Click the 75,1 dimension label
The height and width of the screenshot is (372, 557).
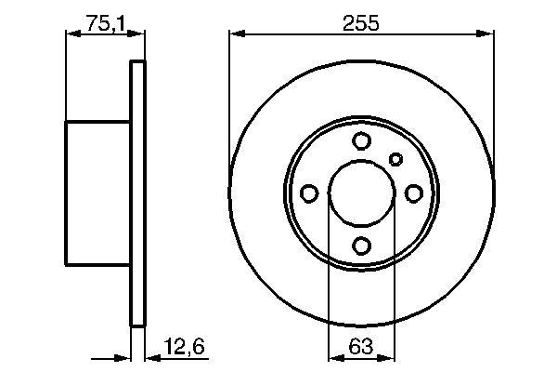click(104, 24)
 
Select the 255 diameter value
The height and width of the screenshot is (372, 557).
click(362, 24)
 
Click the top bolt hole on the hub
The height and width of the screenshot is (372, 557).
click(362, 141)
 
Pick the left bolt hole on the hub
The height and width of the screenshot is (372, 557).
click(310, 193)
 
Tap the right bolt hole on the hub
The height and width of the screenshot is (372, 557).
click(414, 193)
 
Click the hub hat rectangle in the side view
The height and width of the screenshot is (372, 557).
click(97, 193)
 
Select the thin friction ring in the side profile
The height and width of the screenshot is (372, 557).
click(138, 193)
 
